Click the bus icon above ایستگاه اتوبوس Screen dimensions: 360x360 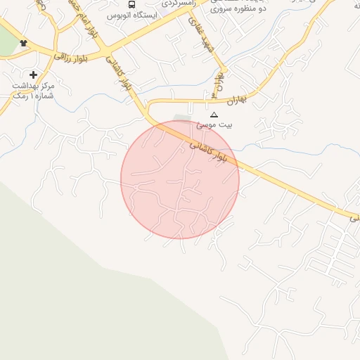point(132,4)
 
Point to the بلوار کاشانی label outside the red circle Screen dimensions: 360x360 point(119,73)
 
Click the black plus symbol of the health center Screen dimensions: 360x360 point(33,74)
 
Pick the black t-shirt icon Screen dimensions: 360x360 point(25,44)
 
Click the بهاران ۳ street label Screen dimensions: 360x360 point(219,84)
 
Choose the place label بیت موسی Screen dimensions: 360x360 point(214,125)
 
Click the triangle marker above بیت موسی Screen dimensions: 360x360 point(214,114)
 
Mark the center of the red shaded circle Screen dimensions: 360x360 point(180,179)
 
